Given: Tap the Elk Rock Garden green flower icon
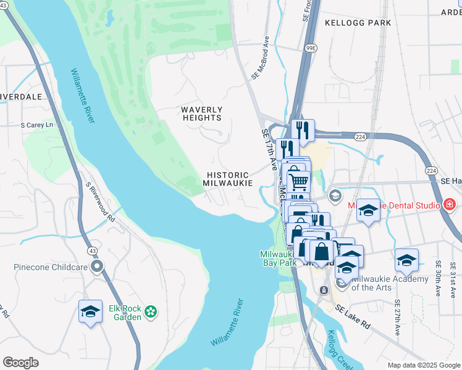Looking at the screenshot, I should coord(150,313).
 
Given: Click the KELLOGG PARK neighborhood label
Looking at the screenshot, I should coord(358,23).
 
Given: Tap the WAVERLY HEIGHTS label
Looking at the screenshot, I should coord(201,113).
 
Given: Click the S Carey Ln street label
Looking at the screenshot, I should coord(37,125).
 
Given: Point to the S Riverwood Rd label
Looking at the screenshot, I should coord(101,202).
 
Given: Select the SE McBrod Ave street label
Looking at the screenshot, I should coord(260,57).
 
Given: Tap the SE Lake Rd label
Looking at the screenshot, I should coord(352,316).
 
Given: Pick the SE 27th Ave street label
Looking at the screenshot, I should coord(397,317).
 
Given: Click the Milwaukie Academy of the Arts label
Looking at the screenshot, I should coord(389,283).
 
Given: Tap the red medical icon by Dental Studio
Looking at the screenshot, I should coord(450,204).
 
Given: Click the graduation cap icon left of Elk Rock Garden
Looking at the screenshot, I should coord(90,312).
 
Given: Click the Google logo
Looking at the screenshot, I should coord(21,363).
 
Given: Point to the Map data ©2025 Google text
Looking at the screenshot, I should coord(423,365).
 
